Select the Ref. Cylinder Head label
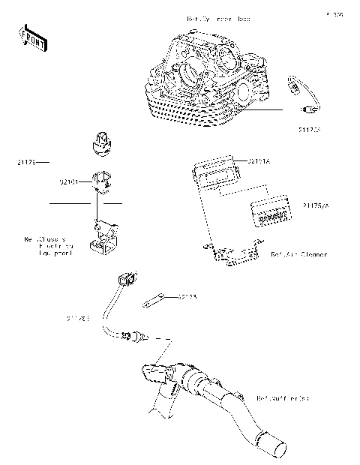click(219, 18)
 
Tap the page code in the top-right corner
click(334, 14)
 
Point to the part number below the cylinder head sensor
click(309, 129)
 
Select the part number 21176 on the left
click(25, 162)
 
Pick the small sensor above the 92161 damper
click(101, 142)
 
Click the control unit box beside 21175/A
click(269, 212)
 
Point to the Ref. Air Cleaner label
click(298, 255)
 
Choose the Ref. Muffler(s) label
click(283, 397)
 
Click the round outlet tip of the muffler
click(274, 448)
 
